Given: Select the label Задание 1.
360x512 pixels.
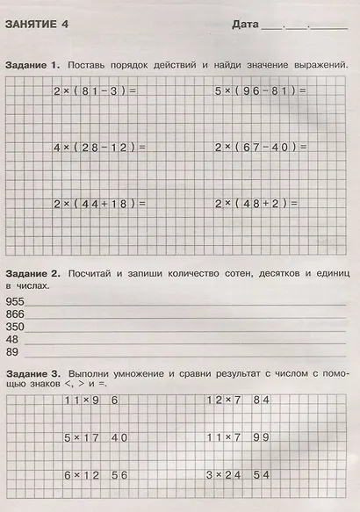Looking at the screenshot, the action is point(32,66).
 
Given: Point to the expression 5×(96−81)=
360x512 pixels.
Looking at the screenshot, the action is point(261,90).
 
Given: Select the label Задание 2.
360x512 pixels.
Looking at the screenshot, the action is point(32,274).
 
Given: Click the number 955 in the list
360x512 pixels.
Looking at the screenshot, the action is point(16,300).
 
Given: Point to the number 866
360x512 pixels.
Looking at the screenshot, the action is point(16,313).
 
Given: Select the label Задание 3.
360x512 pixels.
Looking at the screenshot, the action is point(32,374).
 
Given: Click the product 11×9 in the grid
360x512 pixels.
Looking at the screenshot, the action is point(82,400).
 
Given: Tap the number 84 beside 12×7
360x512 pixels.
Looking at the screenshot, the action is point(260,400).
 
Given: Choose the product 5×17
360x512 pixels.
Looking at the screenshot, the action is point(82,436).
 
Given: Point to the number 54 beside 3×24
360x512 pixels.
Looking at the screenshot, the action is point(260,474).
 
